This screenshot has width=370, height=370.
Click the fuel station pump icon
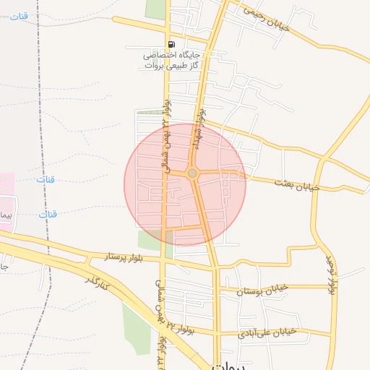pyautogui.click(x=170, y=43)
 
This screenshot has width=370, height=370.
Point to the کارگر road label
pyautogui.click(x=98, y=283)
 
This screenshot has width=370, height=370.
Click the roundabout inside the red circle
pyautogui.click(x=192, y=173)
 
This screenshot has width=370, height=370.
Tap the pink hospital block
pyautogui.click(x=7, y=202)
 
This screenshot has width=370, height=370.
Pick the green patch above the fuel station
pyautogui.click(x=155, y=9)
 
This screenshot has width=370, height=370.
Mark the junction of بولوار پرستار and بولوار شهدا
pyautogui.click(x=215, y=267)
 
